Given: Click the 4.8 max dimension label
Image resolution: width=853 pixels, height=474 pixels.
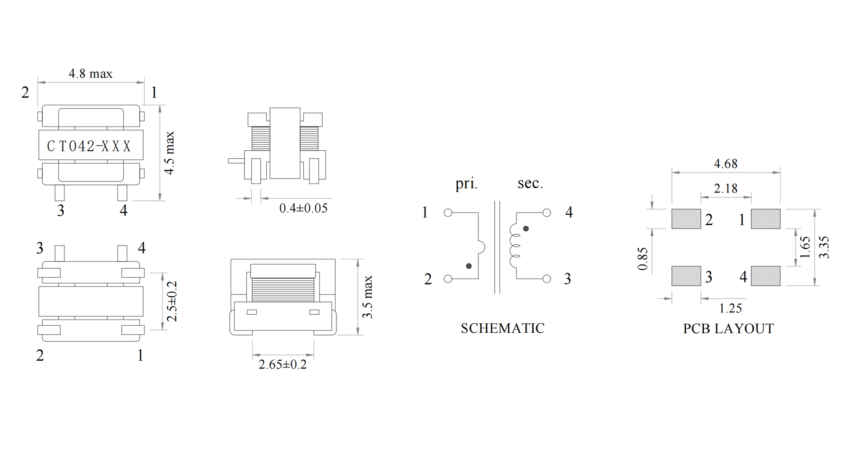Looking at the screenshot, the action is click(x=91, y=73).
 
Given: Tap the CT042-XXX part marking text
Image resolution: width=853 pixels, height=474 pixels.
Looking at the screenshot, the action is click(x=89, y=146).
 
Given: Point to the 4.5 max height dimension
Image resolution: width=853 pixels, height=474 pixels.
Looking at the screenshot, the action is click(x=169, y=153).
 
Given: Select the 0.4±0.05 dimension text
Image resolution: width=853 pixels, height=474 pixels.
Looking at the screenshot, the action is click(x=303, y=208).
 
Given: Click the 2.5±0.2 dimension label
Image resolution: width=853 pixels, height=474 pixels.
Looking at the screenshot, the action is click(x=172, y=301).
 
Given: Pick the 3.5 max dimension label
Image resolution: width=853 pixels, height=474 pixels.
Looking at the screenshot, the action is click(x=368, y=297).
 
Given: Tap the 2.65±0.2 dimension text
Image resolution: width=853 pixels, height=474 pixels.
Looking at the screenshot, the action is click(x=282, y=365).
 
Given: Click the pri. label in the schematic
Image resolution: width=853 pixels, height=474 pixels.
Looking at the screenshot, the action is click(x=466, y=183).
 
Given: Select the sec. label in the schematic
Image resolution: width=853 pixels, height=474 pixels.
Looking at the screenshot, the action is click(x=530, y=183).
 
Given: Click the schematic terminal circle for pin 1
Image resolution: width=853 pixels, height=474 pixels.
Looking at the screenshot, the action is click(x=448, y=213).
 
